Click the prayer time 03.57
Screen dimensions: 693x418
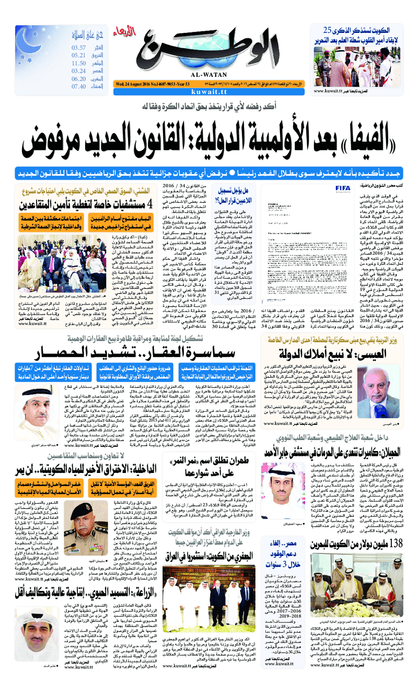[x=78, y=48]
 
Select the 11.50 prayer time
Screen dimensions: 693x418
[x=78, y=63]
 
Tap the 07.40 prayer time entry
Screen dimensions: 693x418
[x=78, y=86]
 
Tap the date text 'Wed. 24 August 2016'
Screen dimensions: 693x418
[x=134, y=83]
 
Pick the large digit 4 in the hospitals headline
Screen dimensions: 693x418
[x=148, y=204]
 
